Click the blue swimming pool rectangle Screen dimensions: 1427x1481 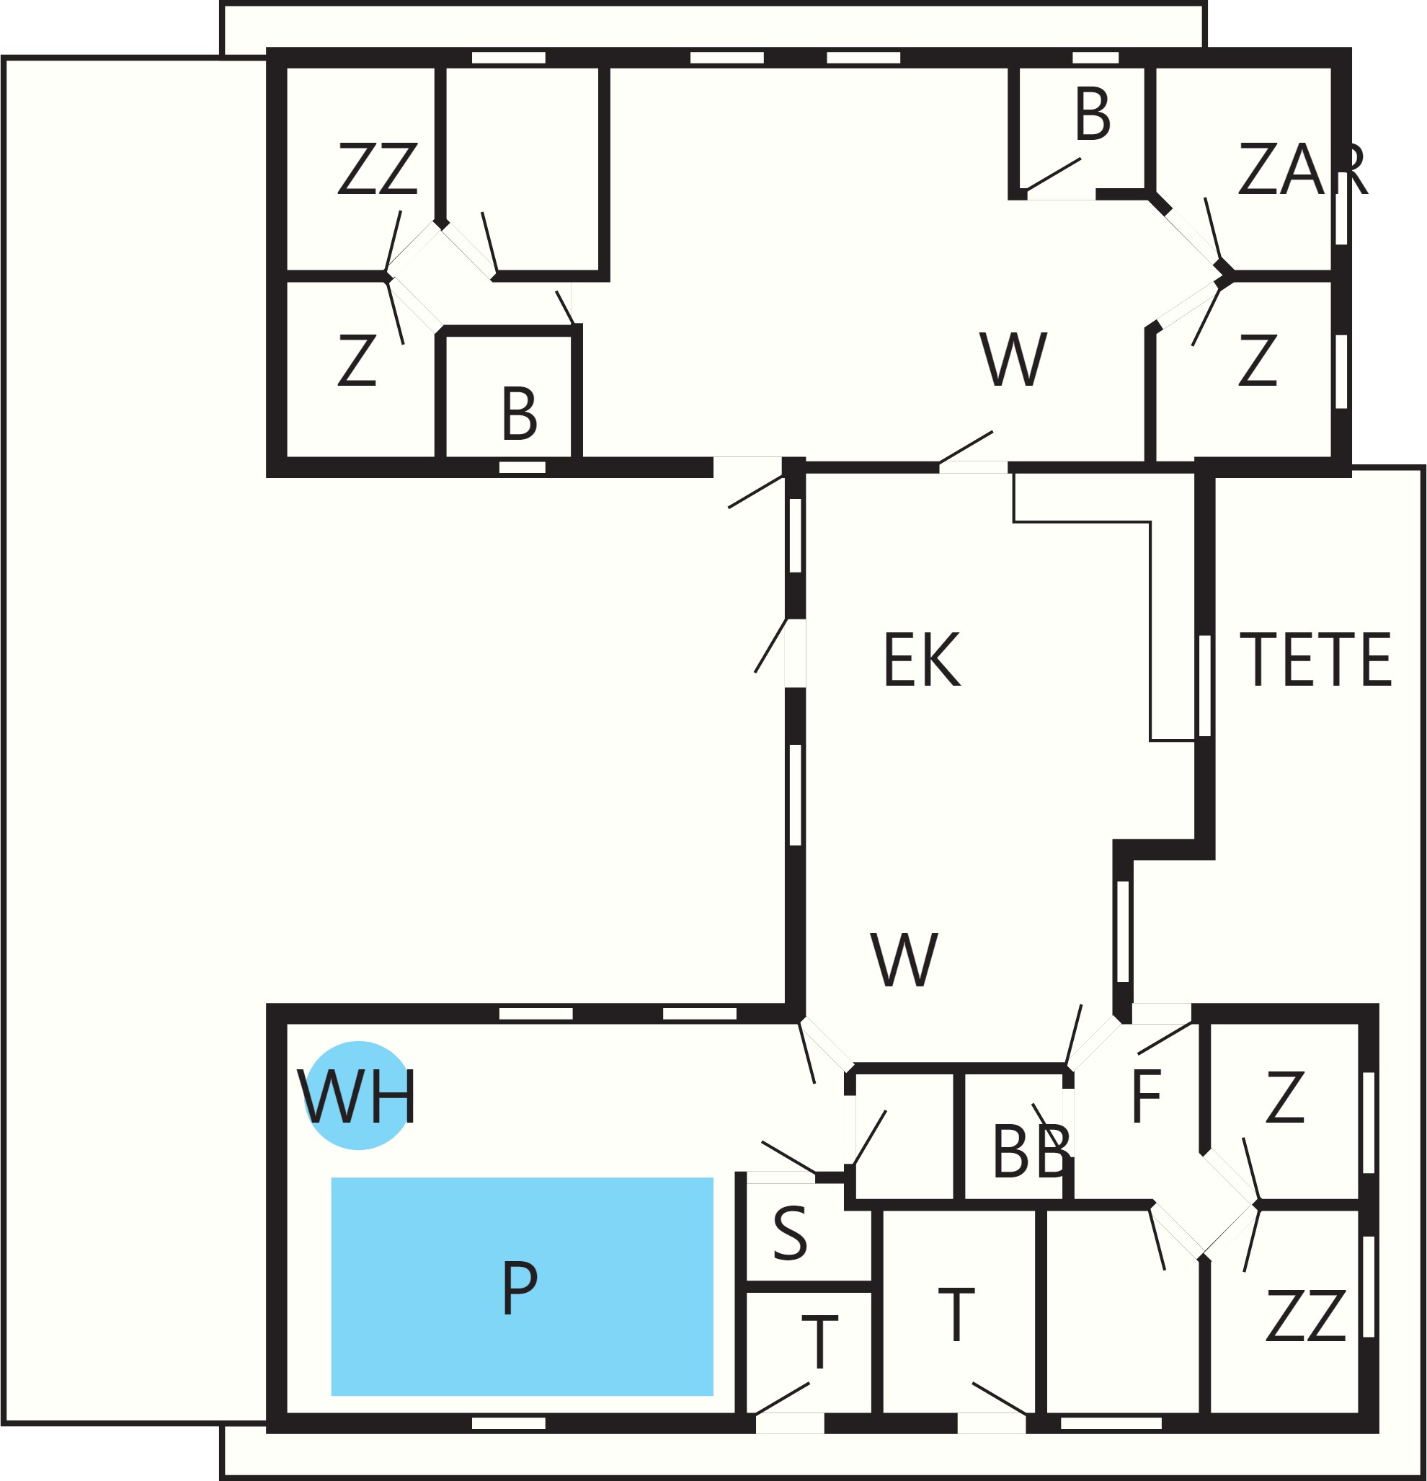[522, 1286]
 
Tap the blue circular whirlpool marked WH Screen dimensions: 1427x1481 [358, 1096]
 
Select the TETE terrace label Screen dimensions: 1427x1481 [1315, 659]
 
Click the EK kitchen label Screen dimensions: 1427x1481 [922, 659]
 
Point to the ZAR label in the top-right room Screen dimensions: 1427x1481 [1302, 169]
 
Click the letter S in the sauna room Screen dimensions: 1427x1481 [790, 1233]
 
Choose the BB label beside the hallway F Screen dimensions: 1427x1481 [1031, 1151]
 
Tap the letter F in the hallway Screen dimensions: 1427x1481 [1145, 1096]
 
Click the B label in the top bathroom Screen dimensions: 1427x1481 [1093, 113]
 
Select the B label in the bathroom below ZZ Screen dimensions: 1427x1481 [519, 413]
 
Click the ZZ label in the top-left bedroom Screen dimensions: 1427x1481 [377, 169]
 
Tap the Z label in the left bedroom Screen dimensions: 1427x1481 [357, 360]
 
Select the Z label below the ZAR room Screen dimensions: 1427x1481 [1257, 360]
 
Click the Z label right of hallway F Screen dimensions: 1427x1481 [1285, 1096]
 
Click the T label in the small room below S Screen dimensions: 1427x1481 [819, 1343]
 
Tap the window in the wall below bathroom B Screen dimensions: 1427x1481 [522, 467]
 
